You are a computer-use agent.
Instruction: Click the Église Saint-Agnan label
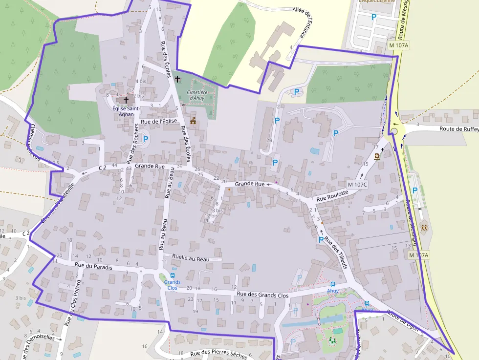tap(127, 111)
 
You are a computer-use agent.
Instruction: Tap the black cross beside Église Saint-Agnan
tap(126, 100)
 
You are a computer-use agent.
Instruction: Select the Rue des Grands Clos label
tap(262, 295)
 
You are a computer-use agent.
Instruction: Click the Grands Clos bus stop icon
tap(173, 275)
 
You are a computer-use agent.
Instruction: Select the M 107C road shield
tap(357, 184)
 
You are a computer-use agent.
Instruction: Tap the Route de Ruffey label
tap(458, 129)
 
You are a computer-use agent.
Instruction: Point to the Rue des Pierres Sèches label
tap(218, 355)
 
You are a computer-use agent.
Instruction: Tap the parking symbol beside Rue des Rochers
tap(145, 139)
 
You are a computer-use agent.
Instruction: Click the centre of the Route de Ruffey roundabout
tap(394, 131)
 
